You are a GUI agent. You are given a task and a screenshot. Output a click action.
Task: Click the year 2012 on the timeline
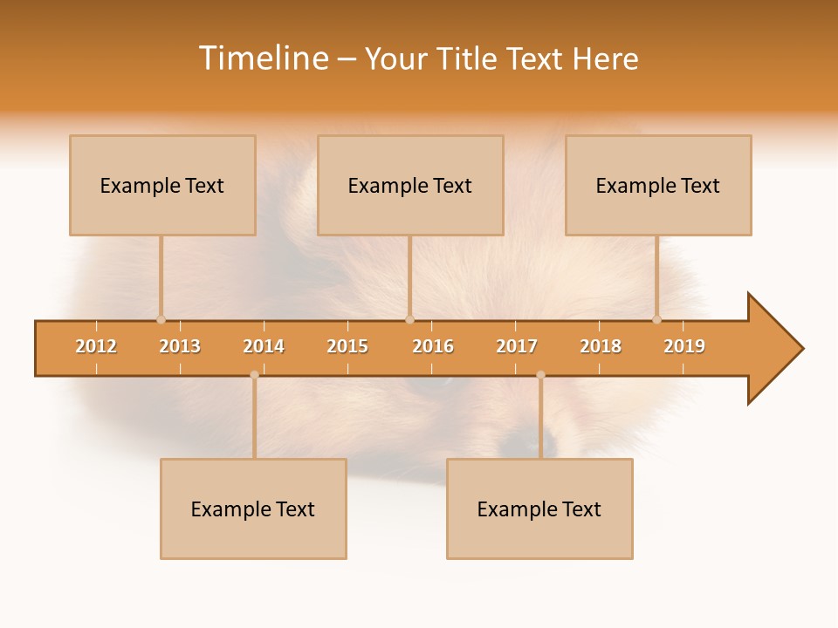tap(96, 346)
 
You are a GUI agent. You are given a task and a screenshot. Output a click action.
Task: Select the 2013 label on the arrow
tap(180, 346)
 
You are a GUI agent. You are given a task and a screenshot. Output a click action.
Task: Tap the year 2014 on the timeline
tap(264, 346)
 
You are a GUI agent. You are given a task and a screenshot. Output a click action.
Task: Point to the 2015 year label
tap(347, 346)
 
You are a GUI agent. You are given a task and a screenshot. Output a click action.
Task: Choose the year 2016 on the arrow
tap(433, 346)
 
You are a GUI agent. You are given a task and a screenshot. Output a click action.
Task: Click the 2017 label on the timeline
tap(517, 346)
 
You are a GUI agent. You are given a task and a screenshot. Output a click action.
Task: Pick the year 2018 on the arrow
tap(601, 346)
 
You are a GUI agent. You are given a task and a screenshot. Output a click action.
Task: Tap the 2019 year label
tap(684, 346)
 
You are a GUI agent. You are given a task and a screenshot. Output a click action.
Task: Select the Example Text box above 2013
tap(162, 185)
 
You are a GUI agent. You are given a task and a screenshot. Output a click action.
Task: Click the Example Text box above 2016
tap(410, 185)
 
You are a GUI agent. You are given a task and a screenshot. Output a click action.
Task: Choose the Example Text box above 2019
tap(658, 185)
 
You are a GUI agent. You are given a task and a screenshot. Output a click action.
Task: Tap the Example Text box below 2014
tap(253, 509)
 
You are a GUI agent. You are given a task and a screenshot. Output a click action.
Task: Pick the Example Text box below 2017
tap(539, 509)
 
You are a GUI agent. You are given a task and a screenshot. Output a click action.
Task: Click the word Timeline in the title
tap(263, 58)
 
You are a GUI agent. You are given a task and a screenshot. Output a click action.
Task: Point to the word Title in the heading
tap(469, 58)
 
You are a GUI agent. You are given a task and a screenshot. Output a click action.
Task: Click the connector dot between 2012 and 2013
tap(161, 319)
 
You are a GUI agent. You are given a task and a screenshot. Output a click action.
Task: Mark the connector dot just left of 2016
tap(409, 319)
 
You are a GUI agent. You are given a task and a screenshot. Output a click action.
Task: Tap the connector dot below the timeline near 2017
tap(540, 375)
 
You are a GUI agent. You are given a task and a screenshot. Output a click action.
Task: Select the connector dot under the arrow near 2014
tap(254, 375)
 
